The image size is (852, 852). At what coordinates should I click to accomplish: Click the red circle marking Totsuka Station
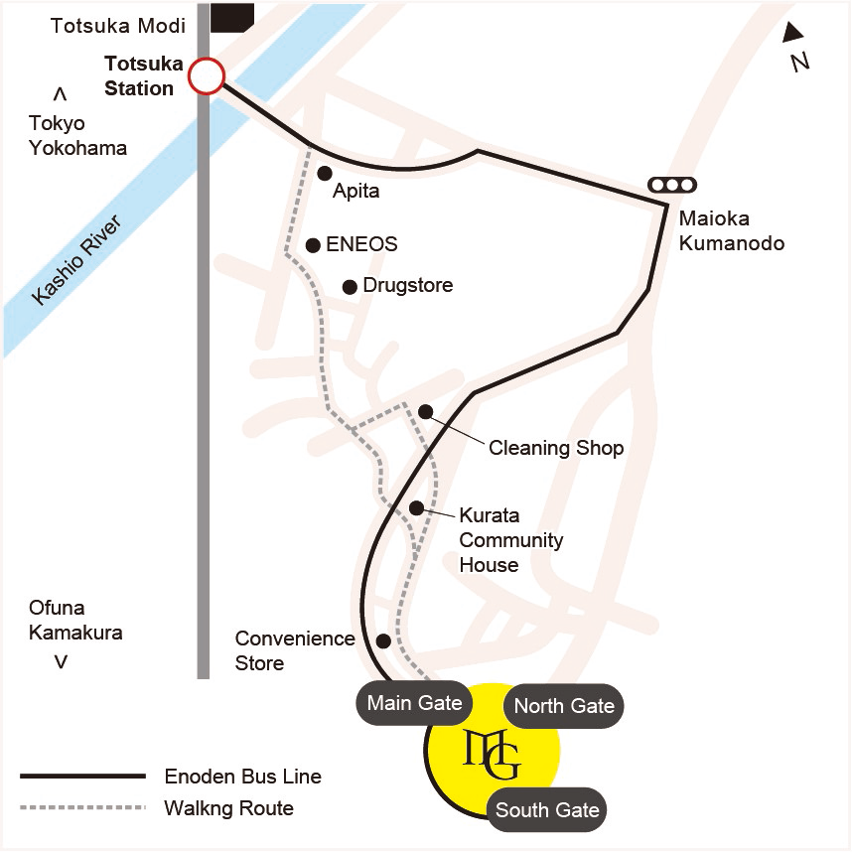pyautogui.click(x=207, y=75)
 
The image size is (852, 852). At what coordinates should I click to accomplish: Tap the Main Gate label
pyautogui.click(x=414, y=703)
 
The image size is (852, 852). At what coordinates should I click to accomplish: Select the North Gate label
pyautogui.click(x=564, y=706)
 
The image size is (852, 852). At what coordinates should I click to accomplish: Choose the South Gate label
pyautogui.click(x=547, y=810)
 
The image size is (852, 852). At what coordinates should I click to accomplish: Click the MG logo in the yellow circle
pyautogui.click(x=493, y=754)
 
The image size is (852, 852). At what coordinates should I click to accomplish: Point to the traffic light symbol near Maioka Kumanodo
pyautogui.click(x=672, y=184)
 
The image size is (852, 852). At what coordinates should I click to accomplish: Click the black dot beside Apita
pyautogui.click(x=324, y=173)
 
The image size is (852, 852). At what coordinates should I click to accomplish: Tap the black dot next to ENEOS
pyautogui.click(x=313, y=244)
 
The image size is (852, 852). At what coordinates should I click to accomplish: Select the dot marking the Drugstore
pyautogui.click(x=350, y=287)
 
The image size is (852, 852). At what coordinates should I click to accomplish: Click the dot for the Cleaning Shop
pyautogui.click(x=425, y=411)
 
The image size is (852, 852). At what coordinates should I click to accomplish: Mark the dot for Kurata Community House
pyautogui.click(x=417, y=507)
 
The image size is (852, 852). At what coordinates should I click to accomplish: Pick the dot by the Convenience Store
pyautogui.click(x=383, y=640)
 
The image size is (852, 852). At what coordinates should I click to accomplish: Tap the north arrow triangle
pyautogui.click(x=792, y=33)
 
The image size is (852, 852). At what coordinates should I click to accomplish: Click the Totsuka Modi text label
pyautogui.click(x=118, y=26)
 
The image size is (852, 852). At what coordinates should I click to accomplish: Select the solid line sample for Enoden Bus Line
pyautogui.click(x=82, y=776)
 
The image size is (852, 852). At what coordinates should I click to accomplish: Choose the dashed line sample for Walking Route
pyautogui.click(x=82, y=807)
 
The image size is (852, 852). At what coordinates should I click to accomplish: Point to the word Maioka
pyautogui.click(x=714, y=218)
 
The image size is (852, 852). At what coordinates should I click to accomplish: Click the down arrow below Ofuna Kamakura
pyautogui.click(x=61, y=661)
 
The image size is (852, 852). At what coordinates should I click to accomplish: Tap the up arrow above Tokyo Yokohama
pyautogui.click(x=60, y=94)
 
